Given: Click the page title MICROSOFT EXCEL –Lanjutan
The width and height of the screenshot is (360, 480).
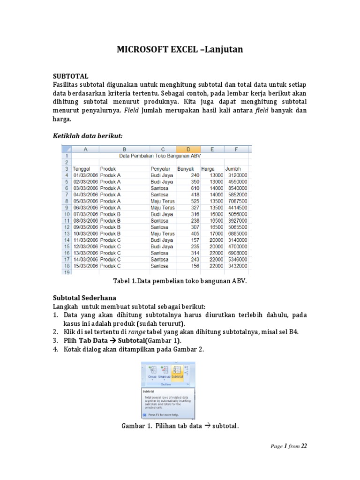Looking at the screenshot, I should (x=180, y=49).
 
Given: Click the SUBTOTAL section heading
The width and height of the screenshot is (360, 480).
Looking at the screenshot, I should (x=70, y=76).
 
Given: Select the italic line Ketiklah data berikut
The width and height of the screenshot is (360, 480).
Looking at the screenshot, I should (x=87, y=135).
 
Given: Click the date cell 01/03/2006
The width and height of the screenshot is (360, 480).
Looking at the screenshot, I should (x=85, y=175).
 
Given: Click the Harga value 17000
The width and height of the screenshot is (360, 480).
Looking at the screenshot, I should (x=214, y=233).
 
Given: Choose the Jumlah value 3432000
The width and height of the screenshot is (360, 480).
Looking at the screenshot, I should (x=237, y=266).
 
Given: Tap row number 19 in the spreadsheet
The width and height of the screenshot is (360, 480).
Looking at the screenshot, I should (x=66, y=272).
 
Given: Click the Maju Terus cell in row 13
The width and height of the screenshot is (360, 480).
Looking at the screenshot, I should (x=162, y=233).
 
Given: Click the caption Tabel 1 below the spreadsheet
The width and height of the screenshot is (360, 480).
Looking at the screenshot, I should (x=180, y=281).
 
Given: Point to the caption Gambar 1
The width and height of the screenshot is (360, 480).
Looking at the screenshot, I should (x=180, y=426).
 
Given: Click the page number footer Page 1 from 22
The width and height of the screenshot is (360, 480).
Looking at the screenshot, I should (x=288, y=446).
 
